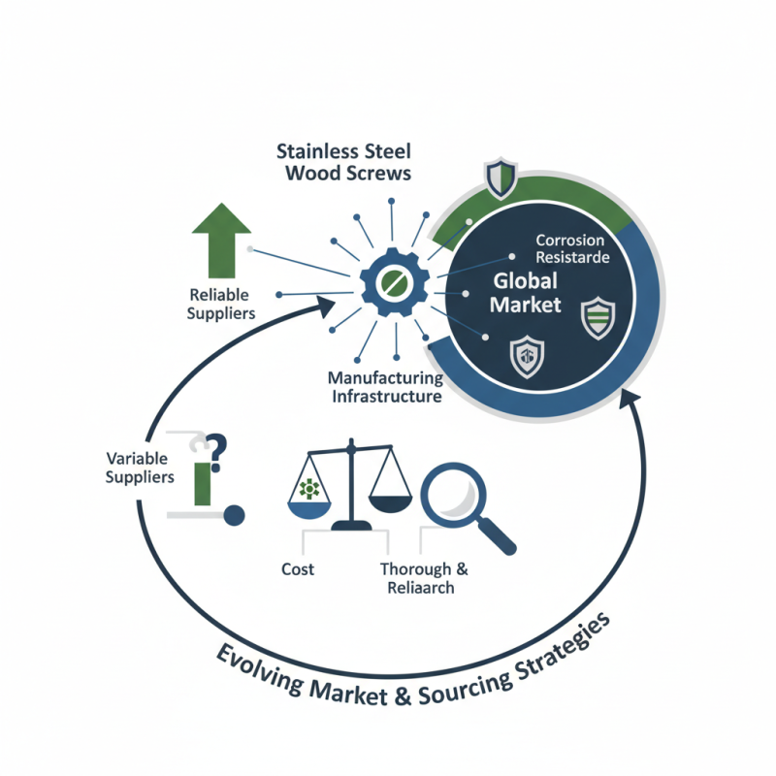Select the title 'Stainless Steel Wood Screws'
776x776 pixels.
point(343,162)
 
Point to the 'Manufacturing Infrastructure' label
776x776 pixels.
point(385,387)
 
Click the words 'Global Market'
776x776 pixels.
point(525,293)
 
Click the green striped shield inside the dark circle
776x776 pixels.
point(597,317)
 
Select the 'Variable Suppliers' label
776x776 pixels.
point(140,467)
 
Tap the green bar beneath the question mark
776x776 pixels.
point(202,482)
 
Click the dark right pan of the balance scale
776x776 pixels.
point(393,501)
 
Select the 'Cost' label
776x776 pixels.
point(297,568)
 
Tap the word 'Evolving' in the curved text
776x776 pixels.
point(254,669)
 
